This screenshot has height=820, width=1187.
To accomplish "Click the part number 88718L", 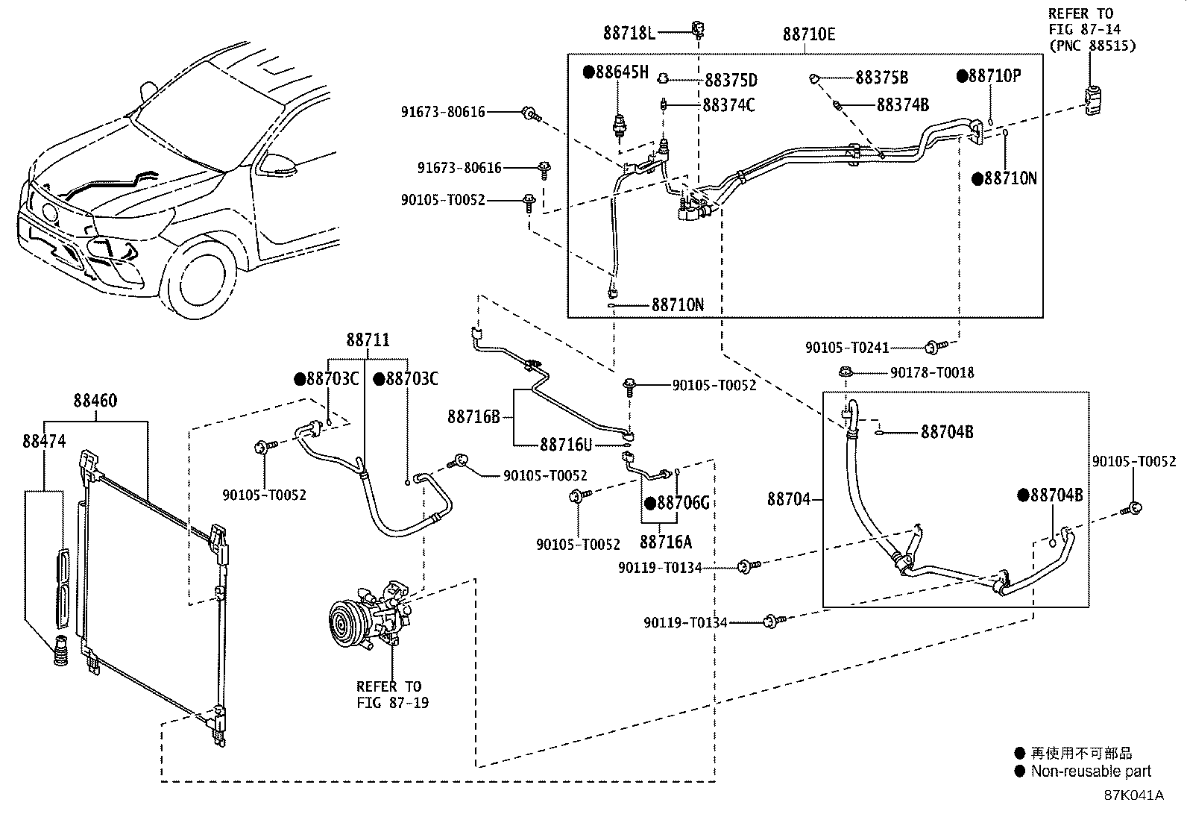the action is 629,34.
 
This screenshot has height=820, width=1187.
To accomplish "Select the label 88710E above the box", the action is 809,34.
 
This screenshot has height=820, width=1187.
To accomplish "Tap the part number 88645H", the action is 622,72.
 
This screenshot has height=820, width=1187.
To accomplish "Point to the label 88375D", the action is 731,80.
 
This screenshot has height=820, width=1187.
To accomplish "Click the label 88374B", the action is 902,105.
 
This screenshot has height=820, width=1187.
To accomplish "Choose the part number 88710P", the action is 995,76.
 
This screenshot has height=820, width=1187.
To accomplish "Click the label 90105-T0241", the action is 847,348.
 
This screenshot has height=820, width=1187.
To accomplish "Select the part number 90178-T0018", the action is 932,373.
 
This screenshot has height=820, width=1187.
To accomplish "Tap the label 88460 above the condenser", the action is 95,401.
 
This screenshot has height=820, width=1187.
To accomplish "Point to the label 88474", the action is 44,441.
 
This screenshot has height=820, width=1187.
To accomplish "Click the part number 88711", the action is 368,339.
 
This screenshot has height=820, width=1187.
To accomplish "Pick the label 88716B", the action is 473,417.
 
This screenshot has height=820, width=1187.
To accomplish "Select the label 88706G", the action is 683,502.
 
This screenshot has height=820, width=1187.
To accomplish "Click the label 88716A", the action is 666,542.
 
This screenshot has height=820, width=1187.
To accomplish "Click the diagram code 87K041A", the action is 1134,795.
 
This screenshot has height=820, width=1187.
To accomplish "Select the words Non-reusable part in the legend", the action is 1091,772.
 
